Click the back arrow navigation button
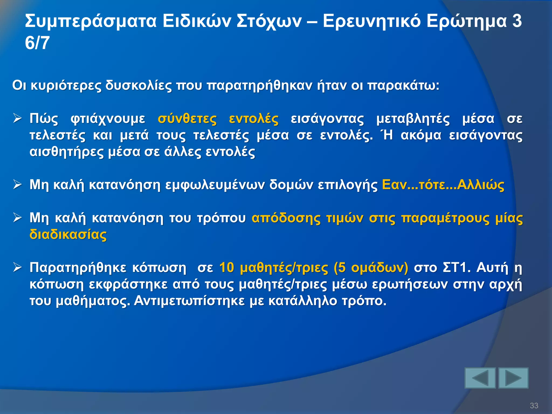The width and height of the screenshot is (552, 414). pyautogui.click(x=480, y=378)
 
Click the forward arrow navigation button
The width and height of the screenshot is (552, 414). pyautogui.click(x=513, y=378)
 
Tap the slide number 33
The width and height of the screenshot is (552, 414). pyautogui.click(x=534, y=405)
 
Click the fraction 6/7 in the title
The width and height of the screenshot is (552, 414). pyautogui.click(x=37, y=43)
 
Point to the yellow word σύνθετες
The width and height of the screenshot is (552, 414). pyautogui.click(x=187, y=119)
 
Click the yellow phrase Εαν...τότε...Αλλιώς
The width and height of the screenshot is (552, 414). pyautogui.click(x=443, y=185)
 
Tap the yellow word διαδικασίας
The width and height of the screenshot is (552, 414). pyautogui.click(x=68, y=234)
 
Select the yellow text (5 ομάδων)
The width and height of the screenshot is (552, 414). pyautogui.click(x=371, y=268)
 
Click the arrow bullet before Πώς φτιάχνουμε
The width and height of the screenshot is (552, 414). pyautogui.click(x=18, y=119)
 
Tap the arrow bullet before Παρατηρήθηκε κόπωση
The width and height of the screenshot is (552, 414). pyautogui.click(x=18, y=268)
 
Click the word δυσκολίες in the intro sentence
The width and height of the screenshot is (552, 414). pyautogui.click(x=138, y=86)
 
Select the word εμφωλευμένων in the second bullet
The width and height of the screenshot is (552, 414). pyautogui.click(x=215, y=185)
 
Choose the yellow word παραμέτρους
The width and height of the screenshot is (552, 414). pyautogui.click(x=445, y=218)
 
